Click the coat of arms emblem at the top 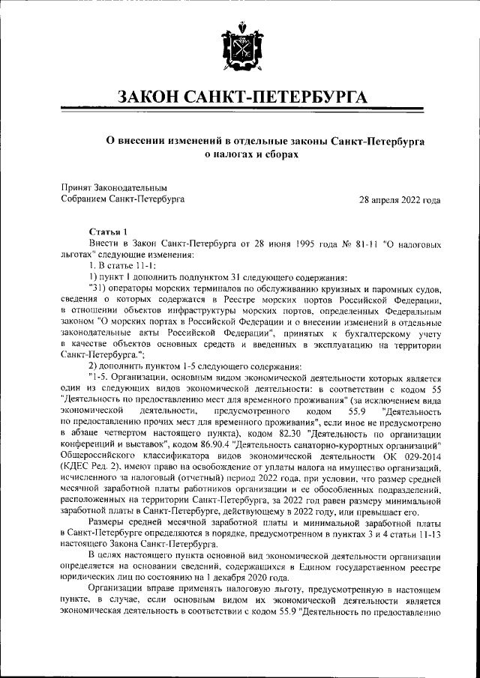point(239,48)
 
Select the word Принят point(76,186)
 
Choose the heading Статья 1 point(108,231)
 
